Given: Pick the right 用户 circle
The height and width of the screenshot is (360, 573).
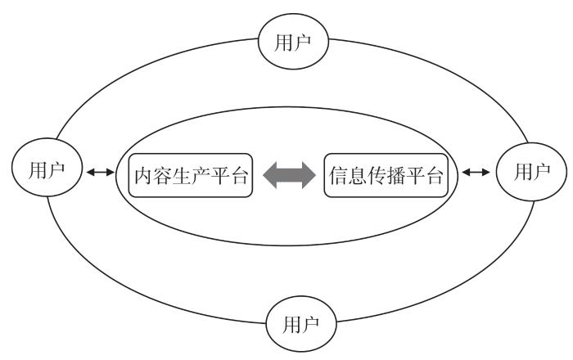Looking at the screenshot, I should (530, 173).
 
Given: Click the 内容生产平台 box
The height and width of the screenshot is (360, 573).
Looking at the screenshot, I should (190, 173).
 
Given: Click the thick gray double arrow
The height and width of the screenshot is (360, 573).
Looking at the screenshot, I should (289, 174).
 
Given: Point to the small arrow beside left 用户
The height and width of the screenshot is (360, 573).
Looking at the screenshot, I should (102, 173).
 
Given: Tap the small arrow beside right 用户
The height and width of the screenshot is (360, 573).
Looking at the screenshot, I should (476, 173).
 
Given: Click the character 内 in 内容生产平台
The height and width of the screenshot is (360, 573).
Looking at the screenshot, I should (145, 173).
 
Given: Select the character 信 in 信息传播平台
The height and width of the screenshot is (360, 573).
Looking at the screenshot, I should (339, 173).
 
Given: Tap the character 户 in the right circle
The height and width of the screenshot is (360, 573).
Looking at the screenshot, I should (540, 173).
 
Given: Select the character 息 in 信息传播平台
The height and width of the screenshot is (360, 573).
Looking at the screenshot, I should (359, 173).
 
